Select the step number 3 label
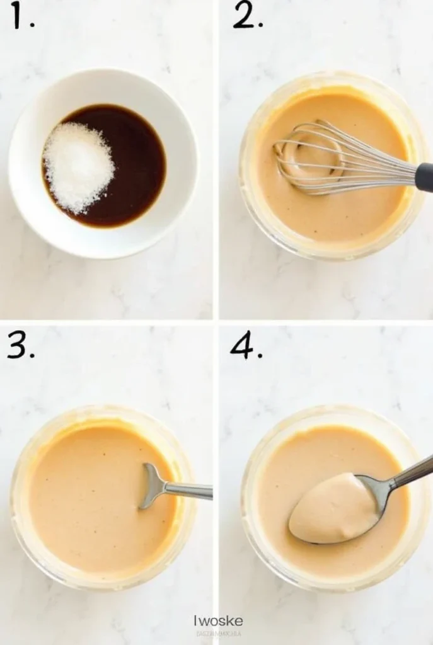point(20,345)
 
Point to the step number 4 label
point(246,345)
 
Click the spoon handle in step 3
point(189,490)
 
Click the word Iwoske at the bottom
point(217,622)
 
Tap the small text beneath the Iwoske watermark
point(217,634)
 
